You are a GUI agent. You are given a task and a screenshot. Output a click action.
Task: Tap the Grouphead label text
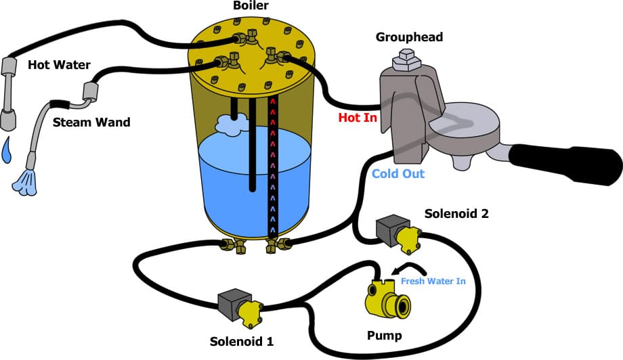[x=409, y=37]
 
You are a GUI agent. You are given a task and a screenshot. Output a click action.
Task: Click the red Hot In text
[x=357, y=118]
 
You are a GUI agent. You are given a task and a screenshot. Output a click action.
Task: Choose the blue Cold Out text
[x=398, y=174]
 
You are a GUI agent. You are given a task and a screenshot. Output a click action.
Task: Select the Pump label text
[x=384, y=336]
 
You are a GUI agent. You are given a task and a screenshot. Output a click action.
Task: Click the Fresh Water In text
[x=433, y=282]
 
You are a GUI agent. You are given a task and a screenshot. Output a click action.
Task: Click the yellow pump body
[x=387, y=296]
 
